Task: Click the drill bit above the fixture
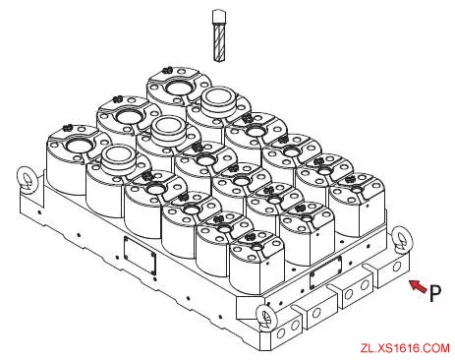[219, 35]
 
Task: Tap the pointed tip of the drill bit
[219, 61]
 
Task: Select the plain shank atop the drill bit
[219, 16]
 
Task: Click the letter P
[435, 293]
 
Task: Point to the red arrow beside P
[418, 286]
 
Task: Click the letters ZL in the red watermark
[367, 348]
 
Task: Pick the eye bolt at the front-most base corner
[266, 318]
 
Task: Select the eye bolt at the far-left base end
[28, 180]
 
